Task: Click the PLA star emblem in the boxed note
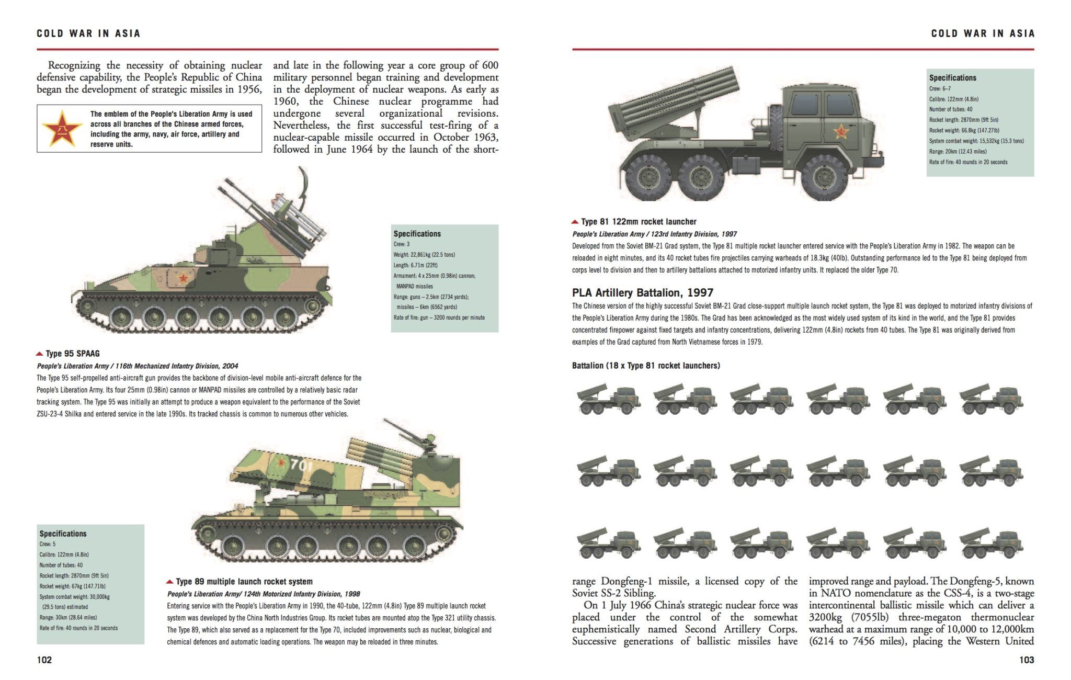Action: pos(62,129)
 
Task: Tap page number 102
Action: pos(44,660)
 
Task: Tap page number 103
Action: pos(1027,660)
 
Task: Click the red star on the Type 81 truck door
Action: pos(841,131)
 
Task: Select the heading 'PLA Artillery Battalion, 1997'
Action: pos(642,293)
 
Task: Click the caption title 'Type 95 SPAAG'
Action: pos(72,354)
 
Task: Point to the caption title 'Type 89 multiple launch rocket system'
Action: pos(244,582)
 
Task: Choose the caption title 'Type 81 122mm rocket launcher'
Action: pos(639,222)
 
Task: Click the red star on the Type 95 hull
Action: pos(183,278)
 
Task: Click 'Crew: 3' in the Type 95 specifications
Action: pos(402,244)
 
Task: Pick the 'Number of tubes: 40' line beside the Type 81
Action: pos(951,109)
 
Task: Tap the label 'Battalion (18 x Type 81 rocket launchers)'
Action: pos(645,366)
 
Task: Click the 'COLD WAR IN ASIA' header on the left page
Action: pos(88,33)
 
